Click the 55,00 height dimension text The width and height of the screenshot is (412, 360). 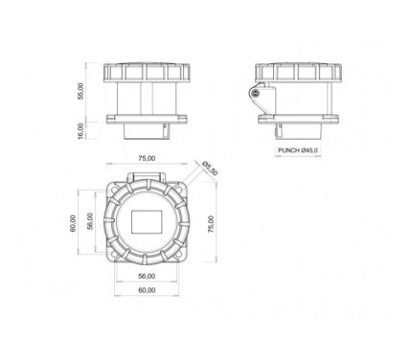coord(80,91)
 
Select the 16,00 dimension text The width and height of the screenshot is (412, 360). coord(80,131)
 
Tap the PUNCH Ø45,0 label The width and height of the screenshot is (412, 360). coord(298,150)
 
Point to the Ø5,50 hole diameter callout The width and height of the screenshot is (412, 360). coord(210,168)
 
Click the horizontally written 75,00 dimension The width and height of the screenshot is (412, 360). coord(147,158)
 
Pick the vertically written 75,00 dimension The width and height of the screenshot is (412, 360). coord(211,224)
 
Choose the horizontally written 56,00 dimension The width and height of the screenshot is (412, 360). coord(147,276)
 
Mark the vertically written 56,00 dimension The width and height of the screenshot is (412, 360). coord(90,221)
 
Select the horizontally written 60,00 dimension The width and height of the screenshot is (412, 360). coord(147,290)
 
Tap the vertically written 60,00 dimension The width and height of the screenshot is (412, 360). coord(74,223)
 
